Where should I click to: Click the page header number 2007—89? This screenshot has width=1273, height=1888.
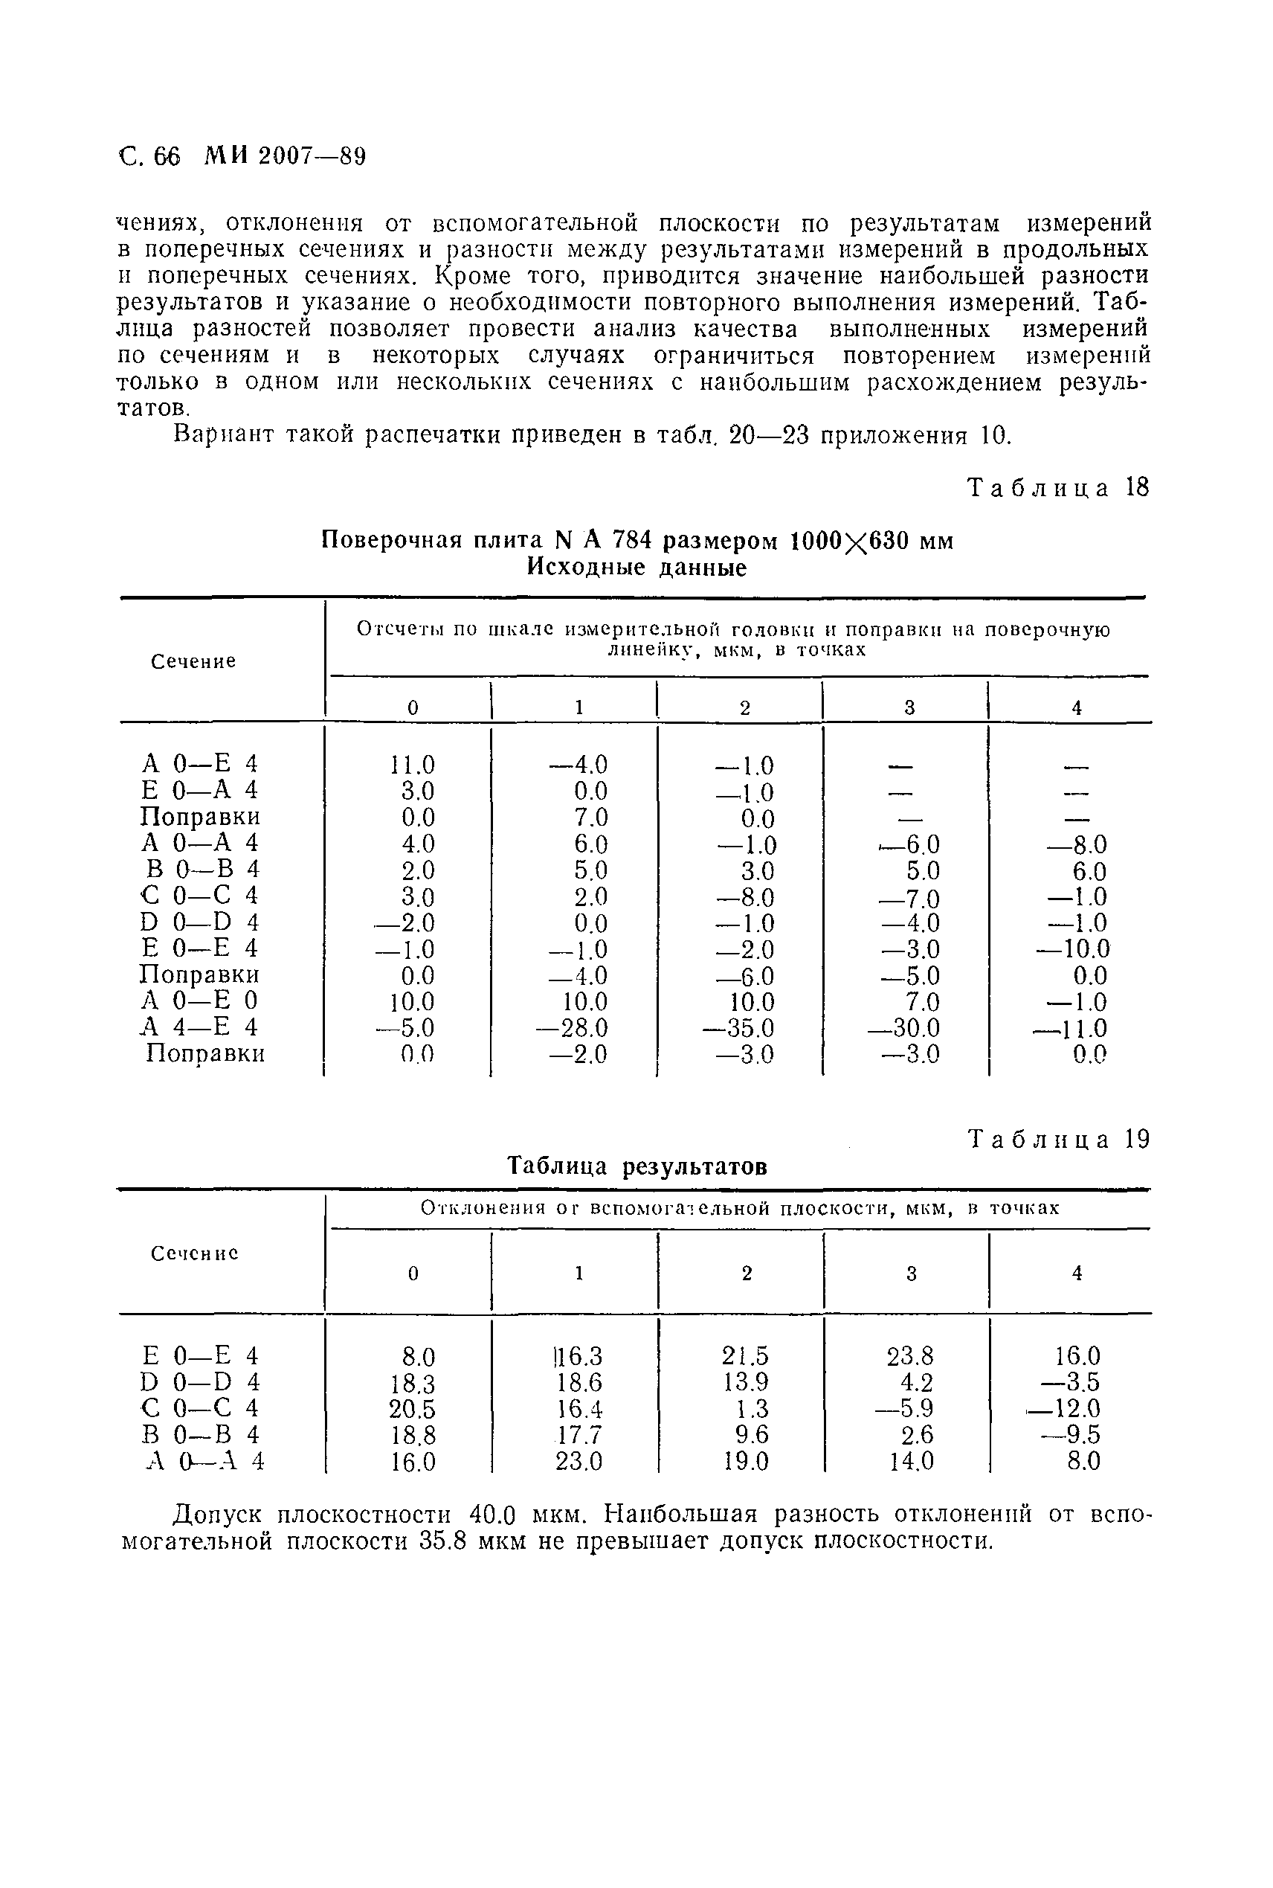pyautogui.click(x=312, y=156)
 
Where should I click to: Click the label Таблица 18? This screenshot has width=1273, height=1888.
pyautogui.click(x=1059, y=487)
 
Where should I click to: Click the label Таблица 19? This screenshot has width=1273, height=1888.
pyautogui.click(x=1059, y=1140)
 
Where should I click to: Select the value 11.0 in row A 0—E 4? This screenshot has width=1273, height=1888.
pyautogui.click(x=413, y=765)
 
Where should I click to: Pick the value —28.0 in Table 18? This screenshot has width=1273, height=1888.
pyautogui.click(x=573, y=1029)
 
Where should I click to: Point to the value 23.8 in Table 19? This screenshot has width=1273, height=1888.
pyautogui.click(x=910, y=1356)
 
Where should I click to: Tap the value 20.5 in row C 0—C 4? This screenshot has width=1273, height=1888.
pyautogui.click(x=413, y=1408)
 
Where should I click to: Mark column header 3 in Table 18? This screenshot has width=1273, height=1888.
pyautogui.click(x=909, y=708)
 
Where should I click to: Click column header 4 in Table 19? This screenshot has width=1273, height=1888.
pyautogui.click(x=1077, y=1274)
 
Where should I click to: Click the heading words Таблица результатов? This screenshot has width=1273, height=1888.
pyautogui.click(x=637, y=1167)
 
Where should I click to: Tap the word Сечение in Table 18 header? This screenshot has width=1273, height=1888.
pyautogui.click(x=194, y=662)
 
